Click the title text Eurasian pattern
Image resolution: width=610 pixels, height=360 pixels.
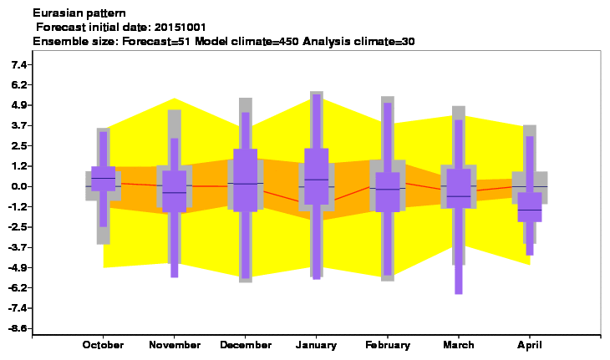(x=79, y=13)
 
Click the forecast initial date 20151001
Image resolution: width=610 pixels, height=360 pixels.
(x=180, y=28)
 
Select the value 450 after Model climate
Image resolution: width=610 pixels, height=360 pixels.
(x=289, y=41)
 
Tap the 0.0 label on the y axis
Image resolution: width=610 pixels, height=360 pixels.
(x=18, y=186)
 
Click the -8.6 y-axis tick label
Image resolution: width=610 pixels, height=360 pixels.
(x=18, y=328)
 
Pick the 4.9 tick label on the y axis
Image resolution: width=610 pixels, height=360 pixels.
(x=18, y=105)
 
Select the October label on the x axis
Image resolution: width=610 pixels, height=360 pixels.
(x=103, y=345)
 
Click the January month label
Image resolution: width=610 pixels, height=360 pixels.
(x=316, y=345)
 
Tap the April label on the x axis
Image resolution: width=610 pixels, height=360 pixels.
(x=529, y=345)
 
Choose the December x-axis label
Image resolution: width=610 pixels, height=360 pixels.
(x=246, y=345)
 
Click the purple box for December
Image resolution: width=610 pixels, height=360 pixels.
(x=246, y=180)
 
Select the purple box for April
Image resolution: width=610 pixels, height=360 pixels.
(x=530, y=207)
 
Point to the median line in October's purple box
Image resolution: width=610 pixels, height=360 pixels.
(x=103, y=178)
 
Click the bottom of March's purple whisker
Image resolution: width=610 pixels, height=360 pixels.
(x=459, y=293)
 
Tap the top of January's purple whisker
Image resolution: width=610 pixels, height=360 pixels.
(x=317, y=95)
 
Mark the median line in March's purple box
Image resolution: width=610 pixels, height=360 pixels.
(x=459, y=196)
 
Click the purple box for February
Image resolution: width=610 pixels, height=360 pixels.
(x=388, y=192)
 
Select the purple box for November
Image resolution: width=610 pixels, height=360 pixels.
(x=175, y=191)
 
